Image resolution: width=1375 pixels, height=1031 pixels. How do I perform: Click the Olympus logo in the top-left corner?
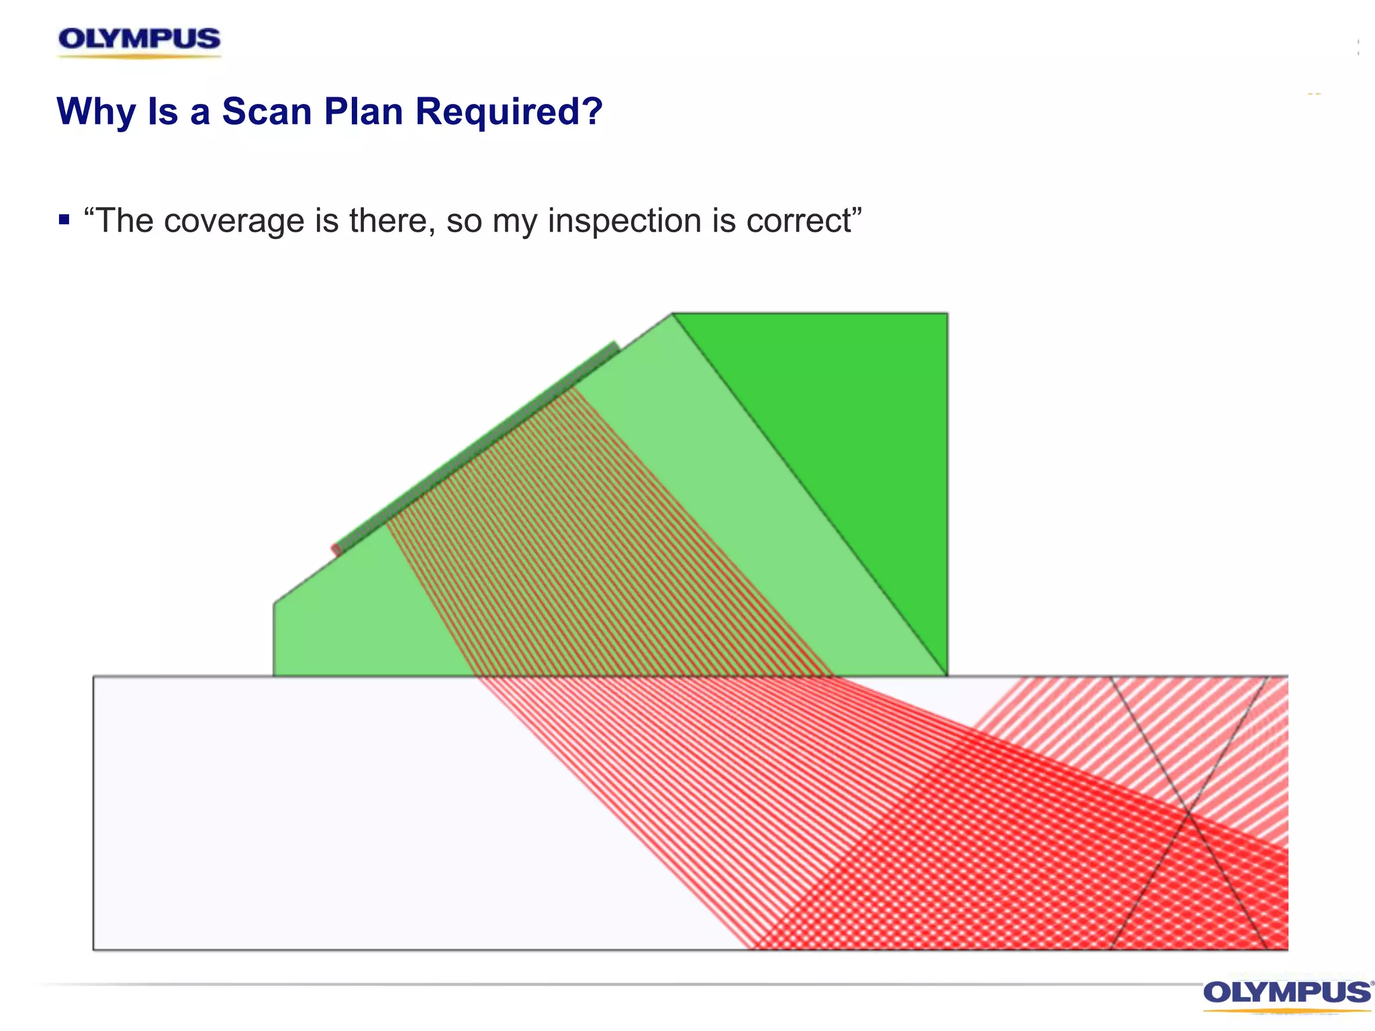[139, 40]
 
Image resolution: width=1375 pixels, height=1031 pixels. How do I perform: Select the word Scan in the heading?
[267, 111]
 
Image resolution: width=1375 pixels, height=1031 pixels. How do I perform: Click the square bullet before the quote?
[64, 219]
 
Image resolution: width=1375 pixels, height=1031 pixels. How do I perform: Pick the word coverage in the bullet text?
[234, 221]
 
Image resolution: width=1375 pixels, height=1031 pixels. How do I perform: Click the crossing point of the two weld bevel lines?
[1189, 814]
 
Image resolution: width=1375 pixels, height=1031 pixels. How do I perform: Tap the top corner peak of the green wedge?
[673, 313]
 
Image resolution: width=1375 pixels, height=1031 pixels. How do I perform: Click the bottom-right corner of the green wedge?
[947, 675]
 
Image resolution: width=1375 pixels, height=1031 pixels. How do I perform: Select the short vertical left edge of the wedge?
[274, 639]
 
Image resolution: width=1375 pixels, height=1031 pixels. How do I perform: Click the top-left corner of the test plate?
[94, 677]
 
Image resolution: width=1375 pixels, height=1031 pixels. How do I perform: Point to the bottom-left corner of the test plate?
[94, 949]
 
